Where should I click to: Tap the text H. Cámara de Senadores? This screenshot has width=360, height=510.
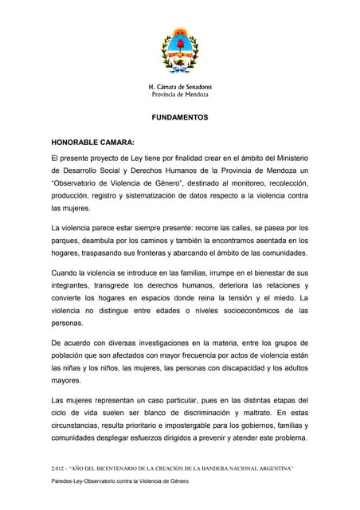pyautogui.click(x=180, y=86)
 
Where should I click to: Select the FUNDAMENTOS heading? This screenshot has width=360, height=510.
pyautogui.click(x=179, y=117)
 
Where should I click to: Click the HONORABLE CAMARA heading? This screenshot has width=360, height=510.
pyautogui.click(x=92, y=142)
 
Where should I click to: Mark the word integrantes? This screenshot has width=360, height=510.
pyautogui.click(x=75, y=286)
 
